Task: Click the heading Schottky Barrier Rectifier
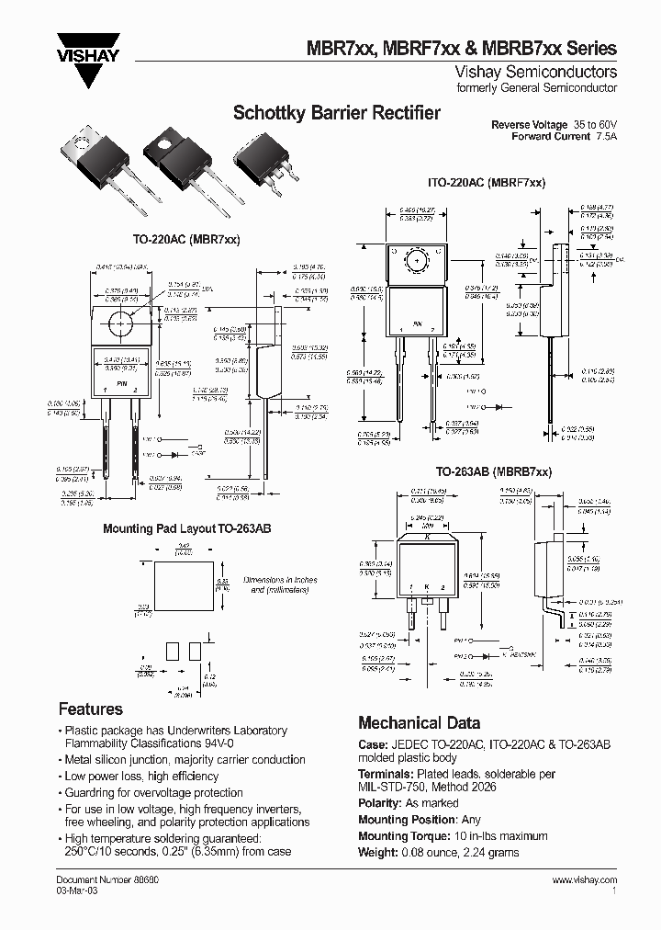coord(336,114)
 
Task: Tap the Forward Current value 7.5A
coord(606,136)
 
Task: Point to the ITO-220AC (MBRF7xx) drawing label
coord(487,183)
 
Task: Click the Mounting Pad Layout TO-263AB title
coord(186,529)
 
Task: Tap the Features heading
coord(90,709)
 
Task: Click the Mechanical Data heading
coord(419,722)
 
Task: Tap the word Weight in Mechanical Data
coord(376,853)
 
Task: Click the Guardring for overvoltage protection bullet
coord(153,792)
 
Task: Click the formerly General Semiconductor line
coord(549,87)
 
